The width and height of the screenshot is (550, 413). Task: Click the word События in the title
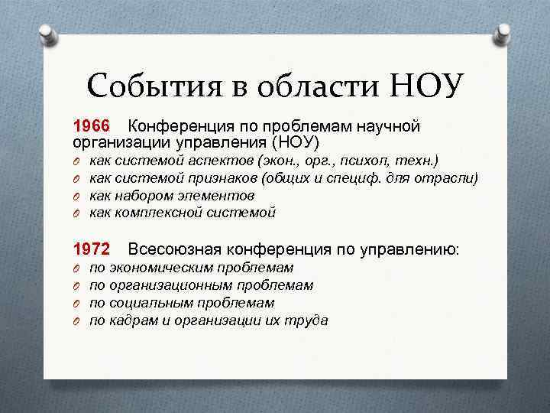[x=154, y=86]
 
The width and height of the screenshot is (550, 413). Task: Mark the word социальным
[x=150, y=304]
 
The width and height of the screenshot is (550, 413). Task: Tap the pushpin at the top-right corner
[x=504, y=33]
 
